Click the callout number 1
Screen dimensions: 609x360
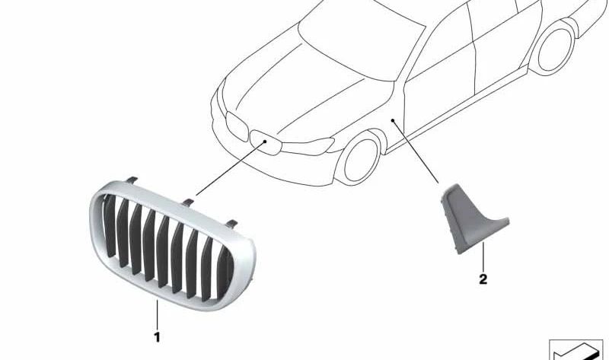(x=157, y=337)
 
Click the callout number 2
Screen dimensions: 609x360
(x=483, y=279)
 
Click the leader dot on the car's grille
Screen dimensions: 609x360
(x=265, y=142)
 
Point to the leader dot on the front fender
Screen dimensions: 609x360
(x=393, y=120)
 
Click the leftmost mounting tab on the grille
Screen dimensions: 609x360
(x=132, y=180)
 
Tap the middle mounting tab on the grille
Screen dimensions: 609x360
(x=187, y=202)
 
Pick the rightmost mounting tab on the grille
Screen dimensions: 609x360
(x=231, y=224)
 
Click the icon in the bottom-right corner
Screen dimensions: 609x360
(x=576, y=350)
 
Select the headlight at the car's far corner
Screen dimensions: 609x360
(x=237, y=126)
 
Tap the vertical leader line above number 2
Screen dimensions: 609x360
(x=483, y=257)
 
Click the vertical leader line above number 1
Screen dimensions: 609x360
(x=157, y=314)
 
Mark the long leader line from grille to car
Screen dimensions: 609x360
(x=231, y=168)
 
